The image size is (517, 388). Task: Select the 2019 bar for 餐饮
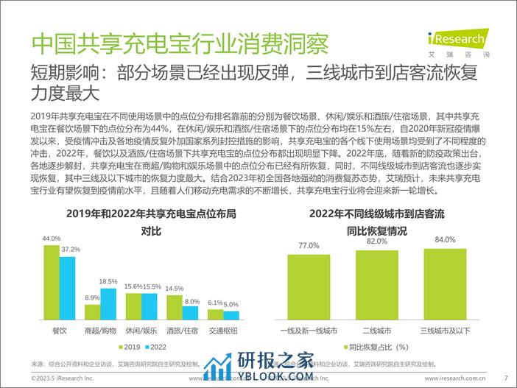51,280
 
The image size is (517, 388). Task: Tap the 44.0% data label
52,239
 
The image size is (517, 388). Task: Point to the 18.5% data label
108,282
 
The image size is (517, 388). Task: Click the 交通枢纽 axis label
223,331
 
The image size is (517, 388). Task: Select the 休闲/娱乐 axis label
141,331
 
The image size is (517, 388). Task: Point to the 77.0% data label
309,246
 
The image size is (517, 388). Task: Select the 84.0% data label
445,240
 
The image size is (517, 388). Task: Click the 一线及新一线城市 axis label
309,331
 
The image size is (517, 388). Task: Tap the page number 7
506,380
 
